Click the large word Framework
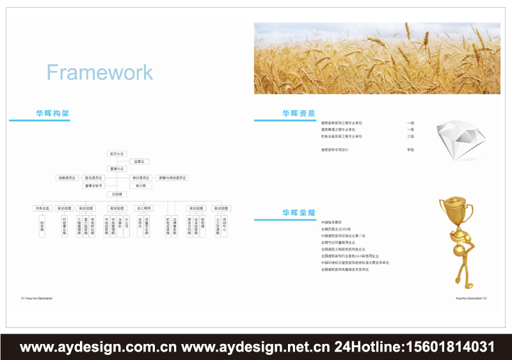pos(100,72)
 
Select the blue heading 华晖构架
pos(52,113)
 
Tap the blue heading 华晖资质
pos(298,113)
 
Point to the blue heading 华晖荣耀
pos(298,213)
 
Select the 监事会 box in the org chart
pos(140,161)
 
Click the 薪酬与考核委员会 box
pos(173,177)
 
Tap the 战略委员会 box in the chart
pos(67,177)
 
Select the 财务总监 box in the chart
pos(42,208)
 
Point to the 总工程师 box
pos(143,208)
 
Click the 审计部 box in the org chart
pos(140,186)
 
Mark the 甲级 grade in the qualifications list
pos(410,149)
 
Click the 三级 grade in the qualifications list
pos(410,136)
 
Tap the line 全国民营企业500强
pos(336,229)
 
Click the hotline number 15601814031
pos(447,347)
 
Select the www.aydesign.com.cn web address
pos(99,347)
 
